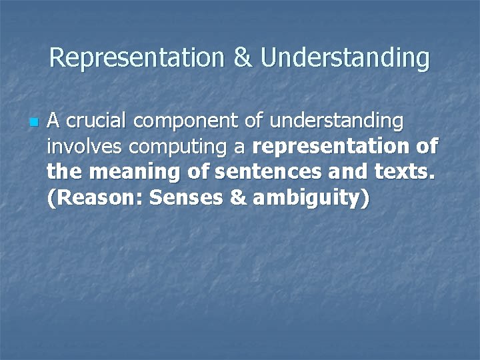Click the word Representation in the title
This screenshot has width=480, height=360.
pyautogui.click(x=138, y=58)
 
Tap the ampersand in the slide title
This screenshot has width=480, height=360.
pyautogui.click(x=243, y=58)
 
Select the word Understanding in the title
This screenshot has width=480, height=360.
pyautogui.click(x=345, y=58)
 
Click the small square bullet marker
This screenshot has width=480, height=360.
pyautogui.click(x=33, y=123)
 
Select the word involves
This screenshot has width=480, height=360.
pyautogui.click(x=78, y=146)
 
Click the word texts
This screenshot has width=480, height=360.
pyautogui.click(x=403, y=171)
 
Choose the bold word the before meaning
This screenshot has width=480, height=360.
pyautogui.click(x=65, y=171)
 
